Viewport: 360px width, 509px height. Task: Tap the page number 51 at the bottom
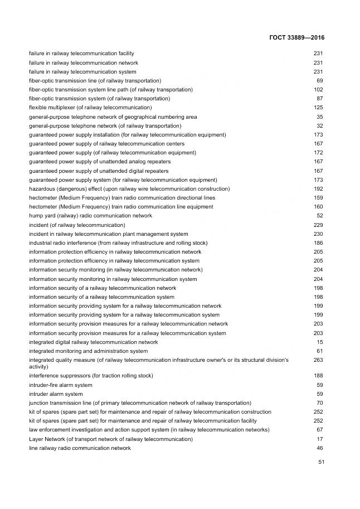(x=321, y=462)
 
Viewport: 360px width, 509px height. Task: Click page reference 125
(x=318, y=107)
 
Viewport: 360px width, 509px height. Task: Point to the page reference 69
(x=320, y=80)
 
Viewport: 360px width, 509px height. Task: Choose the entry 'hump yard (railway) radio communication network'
(x=90, y=215)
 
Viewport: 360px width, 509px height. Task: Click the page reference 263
(x=318, y=360)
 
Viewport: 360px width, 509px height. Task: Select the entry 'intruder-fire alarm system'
(x=61, y=385)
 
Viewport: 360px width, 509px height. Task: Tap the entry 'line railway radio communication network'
(x=80, y=448)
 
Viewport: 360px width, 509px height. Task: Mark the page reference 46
(x=320, y=448)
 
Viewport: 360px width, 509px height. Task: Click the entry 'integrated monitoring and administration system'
(x=88, y=351)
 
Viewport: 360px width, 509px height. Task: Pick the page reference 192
(x=318, y=188)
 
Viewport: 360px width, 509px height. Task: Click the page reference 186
(x=318, y=243)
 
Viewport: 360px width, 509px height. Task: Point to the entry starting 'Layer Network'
(x=110, y=439)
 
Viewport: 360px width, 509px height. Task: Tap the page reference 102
(x=318, y=89)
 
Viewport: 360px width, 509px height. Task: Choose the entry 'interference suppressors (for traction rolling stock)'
(x=91, y=376)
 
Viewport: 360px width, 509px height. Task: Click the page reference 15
(x=320, y=342)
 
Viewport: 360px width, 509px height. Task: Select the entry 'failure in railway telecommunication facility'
(x=81, y=54)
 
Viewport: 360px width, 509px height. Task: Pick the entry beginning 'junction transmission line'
(x=140, y=403)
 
